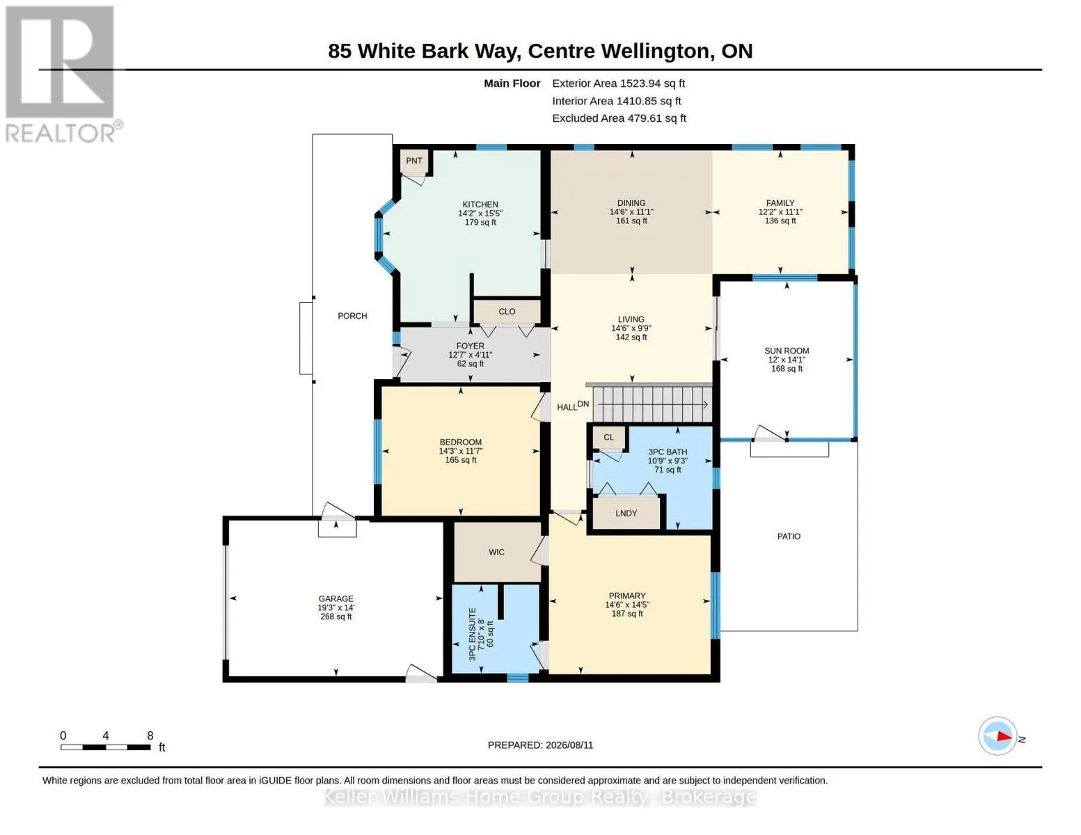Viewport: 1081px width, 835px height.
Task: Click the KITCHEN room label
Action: (x=480, y=205)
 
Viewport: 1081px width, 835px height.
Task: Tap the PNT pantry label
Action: (x=414, y=161)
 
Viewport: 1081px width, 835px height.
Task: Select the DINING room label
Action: (x=631, y=203)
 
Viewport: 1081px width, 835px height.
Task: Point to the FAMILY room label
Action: (x=780, y=203)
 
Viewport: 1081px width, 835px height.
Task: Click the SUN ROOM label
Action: (x=787, y=351)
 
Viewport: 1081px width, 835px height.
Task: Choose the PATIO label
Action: (x=789, y=536)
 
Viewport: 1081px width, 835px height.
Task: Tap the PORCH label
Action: (x=352, y=316)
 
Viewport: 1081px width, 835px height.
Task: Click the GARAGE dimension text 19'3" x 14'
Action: (x=336, y=607)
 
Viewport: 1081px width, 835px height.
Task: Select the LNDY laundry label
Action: (x=626, y=514)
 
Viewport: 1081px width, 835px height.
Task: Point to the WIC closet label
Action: (x=496, y=552)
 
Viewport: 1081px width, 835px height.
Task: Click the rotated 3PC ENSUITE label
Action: (x=472, y=634)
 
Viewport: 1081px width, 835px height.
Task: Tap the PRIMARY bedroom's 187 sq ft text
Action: (x=626, y=614)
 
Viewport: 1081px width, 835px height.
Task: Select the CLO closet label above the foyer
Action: (x=507, y=311)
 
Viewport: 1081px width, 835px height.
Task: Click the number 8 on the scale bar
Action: (x=150, y=735)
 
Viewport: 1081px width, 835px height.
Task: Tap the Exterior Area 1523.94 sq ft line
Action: (x=618, y=83)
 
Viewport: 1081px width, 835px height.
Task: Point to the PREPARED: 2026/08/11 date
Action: (x=540, y=745)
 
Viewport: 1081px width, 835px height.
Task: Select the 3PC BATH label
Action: (x=668, y=452)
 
